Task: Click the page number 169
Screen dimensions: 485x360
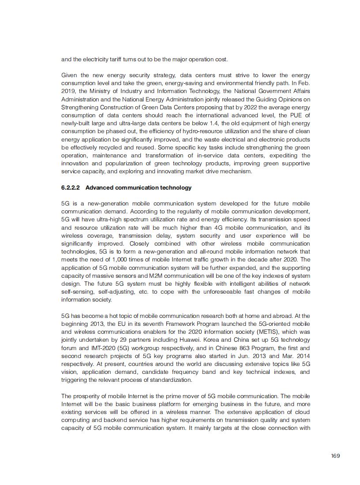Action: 335,455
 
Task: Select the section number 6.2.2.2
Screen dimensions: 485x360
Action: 71,187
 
